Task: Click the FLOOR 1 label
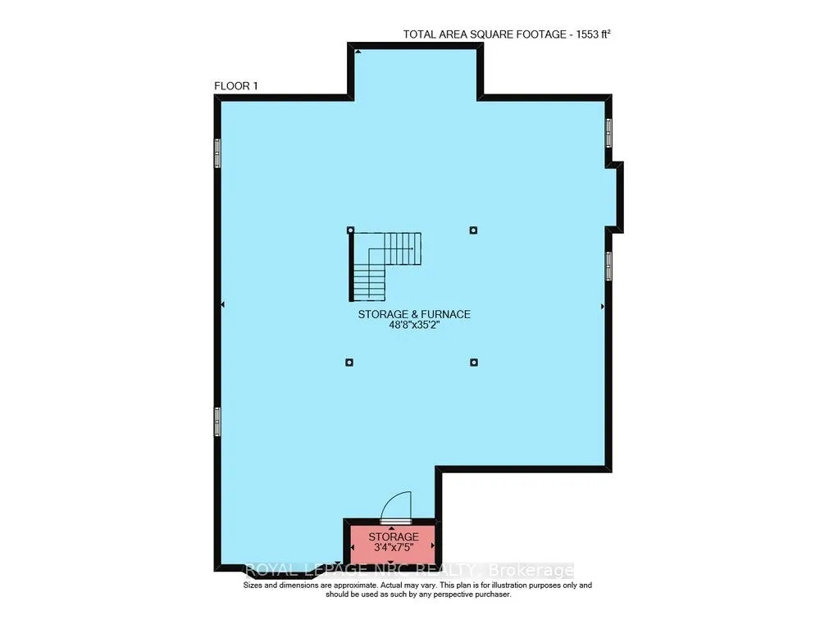pyautogui.click(x=235, y=86)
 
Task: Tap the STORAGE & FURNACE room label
pyautogui.click(x=414, y=314)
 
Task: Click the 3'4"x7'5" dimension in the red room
pyautogui.click(x=391, y=549)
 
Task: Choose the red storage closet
pyautogui.click(x=391, y=542)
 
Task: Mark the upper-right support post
pyautogui.click(x=473, y=230)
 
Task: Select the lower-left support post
pyautogui.click(x=349, y=362)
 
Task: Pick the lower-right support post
pyautogui.click(x=473, y=362)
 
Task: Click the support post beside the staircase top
pyautogui.click(x=350, y=230)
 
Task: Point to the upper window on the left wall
pyautogui.click(x=217, y=153)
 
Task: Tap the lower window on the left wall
pyautogui.click(x=217, y=422)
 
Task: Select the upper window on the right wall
pyautogui.click(x=608, y=133)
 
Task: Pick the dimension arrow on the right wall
pyautogui.click(x=603, y=306)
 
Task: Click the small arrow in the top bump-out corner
pyautogui.click(x=358, y=52)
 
